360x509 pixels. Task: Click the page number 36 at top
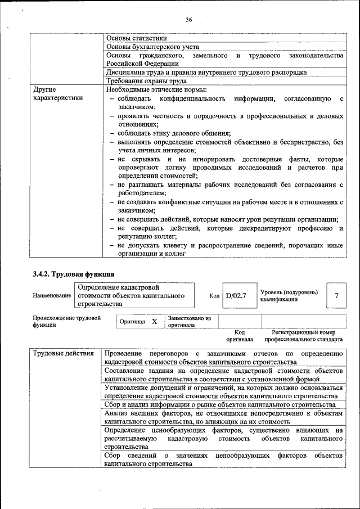coord(189,20)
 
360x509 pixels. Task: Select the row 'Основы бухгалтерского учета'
coord(152,47)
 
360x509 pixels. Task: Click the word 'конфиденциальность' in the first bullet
coord(195,99)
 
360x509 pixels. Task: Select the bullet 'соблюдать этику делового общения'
coord(174,133)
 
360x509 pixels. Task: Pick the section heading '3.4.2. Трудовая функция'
coord(74,274)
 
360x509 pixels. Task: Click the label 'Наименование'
coord(52,295)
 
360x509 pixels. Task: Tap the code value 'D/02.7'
coord(237,295)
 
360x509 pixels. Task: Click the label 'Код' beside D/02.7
coord(214,295)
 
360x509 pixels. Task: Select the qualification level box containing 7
coord(336,295)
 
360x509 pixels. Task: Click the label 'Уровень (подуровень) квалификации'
coord(289,295)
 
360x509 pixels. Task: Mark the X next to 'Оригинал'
coord(154,322)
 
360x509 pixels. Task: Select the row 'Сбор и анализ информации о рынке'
coord(220,404)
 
